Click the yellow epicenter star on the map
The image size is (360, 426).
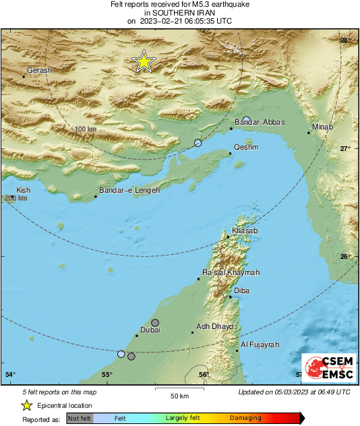point(144,61)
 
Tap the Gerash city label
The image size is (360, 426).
point(39,70)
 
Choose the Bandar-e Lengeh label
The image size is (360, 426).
point(129,191)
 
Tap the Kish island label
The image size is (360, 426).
point(24,191)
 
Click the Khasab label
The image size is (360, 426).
point(244,231)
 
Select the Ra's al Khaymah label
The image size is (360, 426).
point(231,274)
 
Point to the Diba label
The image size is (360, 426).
point(241,291)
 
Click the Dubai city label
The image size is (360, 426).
point(149,330)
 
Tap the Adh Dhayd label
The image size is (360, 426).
point(214,327)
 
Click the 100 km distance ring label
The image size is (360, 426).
point(86,129)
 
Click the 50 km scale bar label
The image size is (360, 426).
point(178,395)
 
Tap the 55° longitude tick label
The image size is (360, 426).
point(107,374)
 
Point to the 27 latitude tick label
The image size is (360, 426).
point(344,148)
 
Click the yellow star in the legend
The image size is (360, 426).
point(26,405)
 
